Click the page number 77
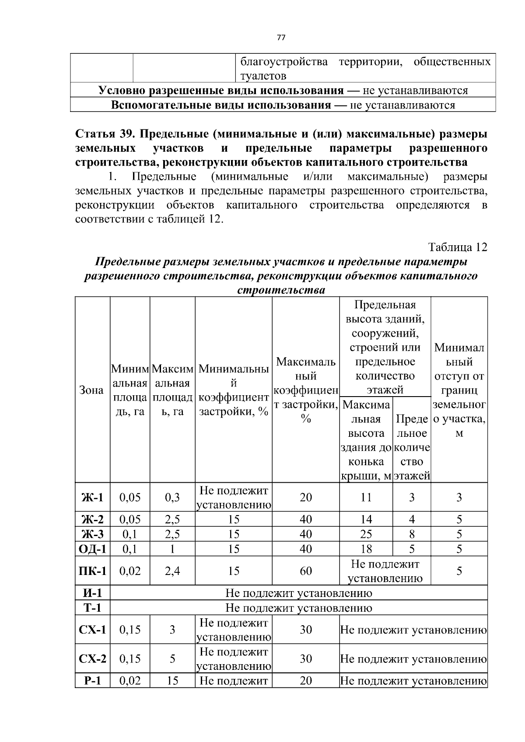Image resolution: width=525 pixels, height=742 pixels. pos(281,38)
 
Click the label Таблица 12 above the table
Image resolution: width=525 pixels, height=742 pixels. pos(458,247)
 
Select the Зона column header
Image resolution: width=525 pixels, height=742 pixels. pos(92,390)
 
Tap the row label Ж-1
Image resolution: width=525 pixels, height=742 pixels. pos(92,497)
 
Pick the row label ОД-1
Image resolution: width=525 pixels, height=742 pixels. pos(92,549)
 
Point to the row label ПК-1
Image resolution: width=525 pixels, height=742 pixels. pos(92,571)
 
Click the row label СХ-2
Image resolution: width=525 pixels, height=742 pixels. pos(92,658)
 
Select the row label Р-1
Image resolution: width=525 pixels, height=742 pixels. pos(92,680)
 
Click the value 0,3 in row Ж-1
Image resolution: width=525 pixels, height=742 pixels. pos(172,497)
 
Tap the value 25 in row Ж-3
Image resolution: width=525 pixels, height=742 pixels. pos(366,534)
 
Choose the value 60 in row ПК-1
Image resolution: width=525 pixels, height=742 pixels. pos(306,571)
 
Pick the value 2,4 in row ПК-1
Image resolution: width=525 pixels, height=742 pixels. pos(172,571)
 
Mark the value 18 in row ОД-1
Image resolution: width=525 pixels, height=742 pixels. pos(366,549)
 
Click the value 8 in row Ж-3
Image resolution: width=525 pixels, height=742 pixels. pos(412,534)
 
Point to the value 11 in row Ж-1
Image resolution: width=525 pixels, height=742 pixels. pos(366,497)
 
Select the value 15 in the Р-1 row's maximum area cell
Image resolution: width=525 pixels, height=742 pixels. pos(172,680)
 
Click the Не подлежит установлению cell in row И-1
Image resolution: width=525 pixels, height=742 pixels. pos(298,593)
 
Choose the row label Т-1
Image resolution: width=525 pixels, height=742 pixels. pos(92,608)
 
